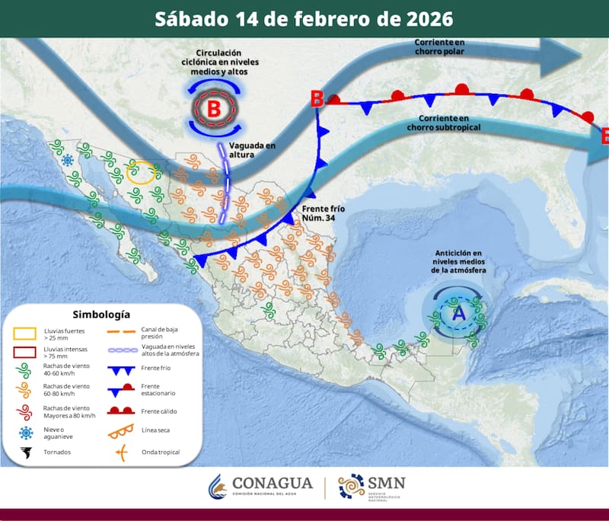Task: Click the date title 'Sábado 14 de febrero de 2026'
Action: click(304, 18)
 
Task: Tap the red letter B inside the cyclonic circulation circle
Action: click(214, 109)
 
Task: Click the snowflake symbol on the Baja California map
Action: click(68, 159)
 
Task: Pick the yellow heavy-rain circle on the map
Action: click(143, 173)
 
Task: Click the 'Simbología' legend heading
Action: click(101, 314)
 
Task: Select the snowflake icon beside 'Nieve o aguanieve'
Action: click(26, 433)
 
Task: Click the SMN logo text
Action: click(387, 482)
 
